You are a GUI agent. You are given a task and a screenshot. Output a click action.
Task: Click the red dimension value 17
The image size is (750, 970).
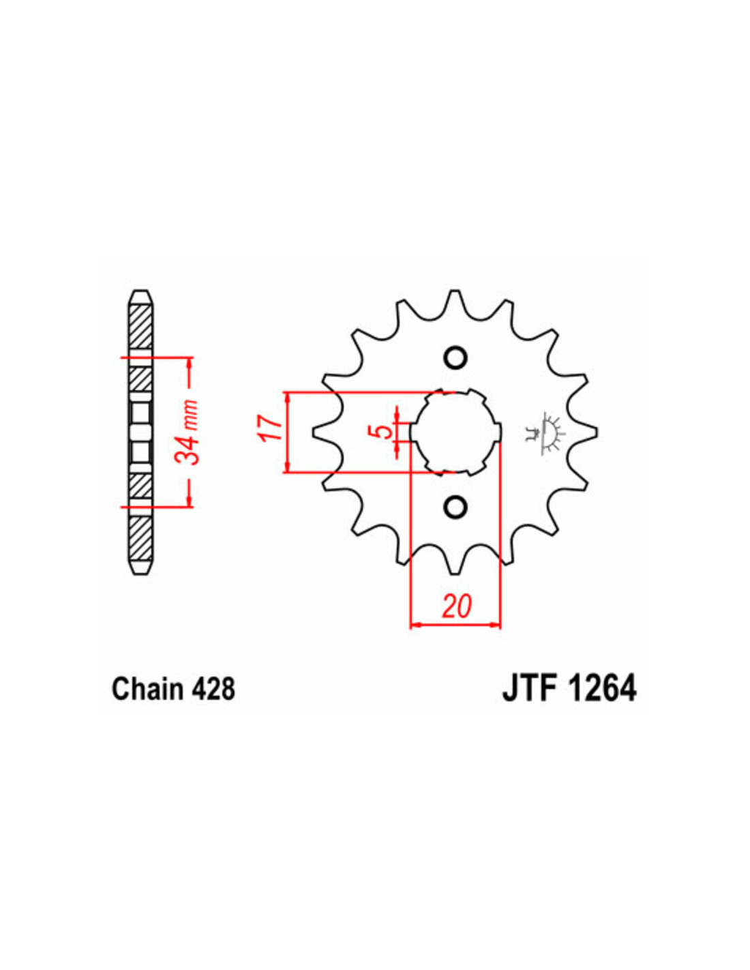coord(271,428)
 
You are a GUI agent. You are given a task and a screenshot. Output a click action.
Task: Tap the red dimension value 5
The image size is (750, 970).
coord(384,431)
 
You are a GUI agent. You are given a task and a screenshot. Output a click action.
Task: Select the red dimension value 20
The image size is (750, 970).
coord(456,606)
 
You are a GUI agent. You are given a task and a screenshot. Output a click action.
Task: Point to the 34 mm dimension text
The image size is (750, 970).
coord(191,432)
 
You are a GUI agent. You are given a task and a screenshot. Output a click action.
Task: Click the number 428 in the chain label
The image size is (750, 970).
coord(213,689)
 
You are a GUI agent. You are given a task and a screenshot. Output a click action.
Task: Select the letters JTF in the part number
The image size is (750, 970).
coord(530,688)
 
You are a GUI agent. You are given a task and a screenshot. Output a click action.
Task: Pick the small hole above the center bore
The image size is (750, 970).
coord(455,357)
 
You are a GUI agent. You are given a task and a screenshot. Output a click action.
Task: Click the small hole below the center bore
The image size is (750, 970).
coord(455,507)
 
